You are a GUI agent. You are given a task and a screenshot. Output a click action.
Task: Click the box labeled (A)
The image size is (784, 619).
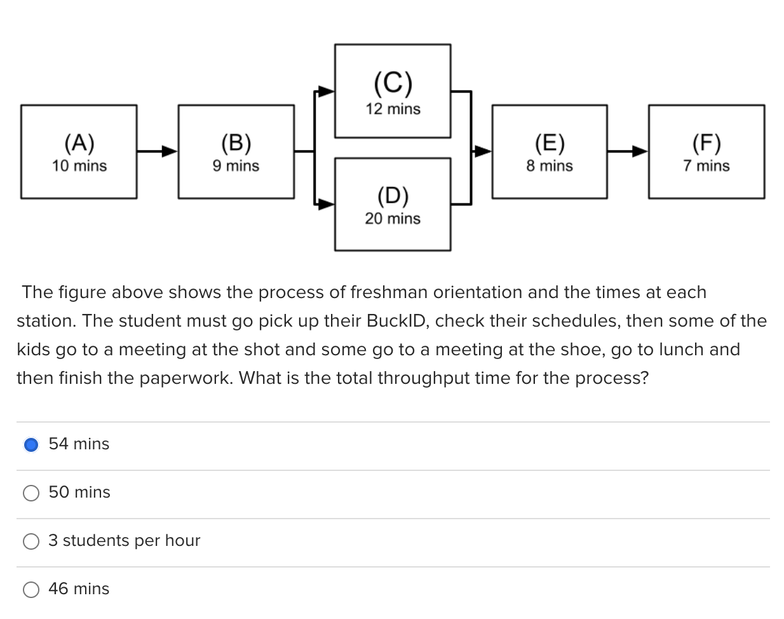click(x=79, y=152)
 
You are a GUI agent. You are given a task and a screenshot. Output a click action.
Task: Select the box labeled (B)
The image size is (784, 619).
click(x=236, y=152)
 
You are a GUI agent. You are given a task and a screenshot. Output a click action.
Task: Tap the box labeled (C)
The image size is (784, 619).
click(x=393, y=91)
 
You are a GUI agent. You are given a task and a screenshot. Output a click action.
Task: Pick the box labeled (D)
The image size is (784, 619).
click(x=393, y=204)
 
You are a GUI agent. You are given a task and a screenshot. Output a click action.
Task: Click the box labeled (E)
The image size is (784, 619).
click(x=550, y=152)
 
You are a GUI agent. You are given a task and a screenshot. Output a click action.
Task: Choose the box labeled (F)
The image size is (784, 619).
click(x=706, y=152)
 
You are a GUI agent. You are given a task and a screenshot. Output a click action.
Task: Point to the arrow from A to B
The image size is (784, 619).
click(x=157, y=151)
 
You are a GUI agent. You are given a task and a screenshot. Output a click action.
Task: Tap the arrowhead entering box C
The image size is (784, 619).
click(x=327, y=92)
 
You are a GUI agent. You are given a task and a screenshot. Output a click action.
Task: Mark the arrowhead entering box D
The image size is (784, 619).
click(x=327, y=204)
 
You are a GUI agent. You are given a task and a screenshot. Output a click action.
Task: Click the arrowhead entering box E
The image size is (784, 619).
click(x=483, y=151)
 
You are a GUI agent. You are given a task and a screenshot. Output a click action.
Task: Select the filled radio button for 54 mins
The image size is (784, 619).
click(x=31, y=444)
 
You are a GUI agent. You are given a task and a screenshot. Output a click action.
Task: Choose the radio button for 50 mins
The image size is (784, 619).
click(x=31, y=493)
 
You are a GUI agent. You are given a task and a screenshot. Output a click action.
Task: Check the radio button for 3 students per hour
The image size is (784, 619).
click(x=31, y=541)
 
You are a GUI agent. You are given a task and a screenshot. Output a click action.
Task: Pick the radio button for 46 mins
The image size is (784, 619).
click(x=31, y=589)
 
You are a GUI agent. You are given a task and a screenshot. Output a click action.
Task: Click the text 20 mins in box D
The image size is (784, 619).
click(x=393, y=219)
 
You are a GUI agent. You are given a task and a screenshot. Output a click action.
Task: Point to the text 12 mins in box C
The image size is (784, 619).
click(x=393, y=109)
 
